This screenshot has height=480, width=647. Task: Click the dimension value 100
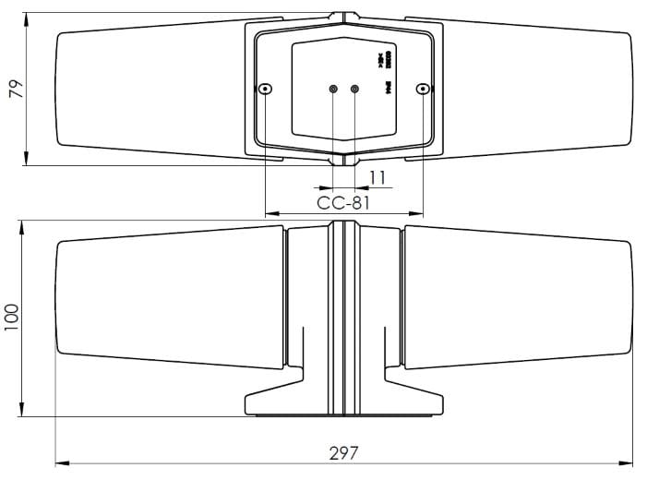12,318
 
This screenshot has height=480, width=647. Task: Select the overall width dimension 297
343,453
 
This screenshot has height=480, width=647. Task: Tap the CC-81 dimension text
343,202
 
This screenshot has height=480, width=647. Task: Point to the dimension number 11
377,177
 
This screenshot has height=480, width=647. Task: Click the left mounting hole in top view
266,89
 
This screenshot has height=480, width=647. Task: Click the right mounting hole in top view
423,89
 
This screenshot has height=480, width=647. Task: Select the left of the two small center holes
334,89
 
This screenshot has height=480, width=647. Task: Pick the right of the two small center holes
354,89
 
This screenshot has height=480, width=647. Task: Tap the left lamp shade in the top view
148,89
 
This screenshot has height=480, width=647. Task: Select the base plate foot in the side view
343,404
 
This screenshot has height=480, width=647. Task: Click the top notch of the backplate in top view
343,16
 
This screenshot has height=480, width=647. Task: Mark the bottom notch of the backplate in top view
343,161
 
